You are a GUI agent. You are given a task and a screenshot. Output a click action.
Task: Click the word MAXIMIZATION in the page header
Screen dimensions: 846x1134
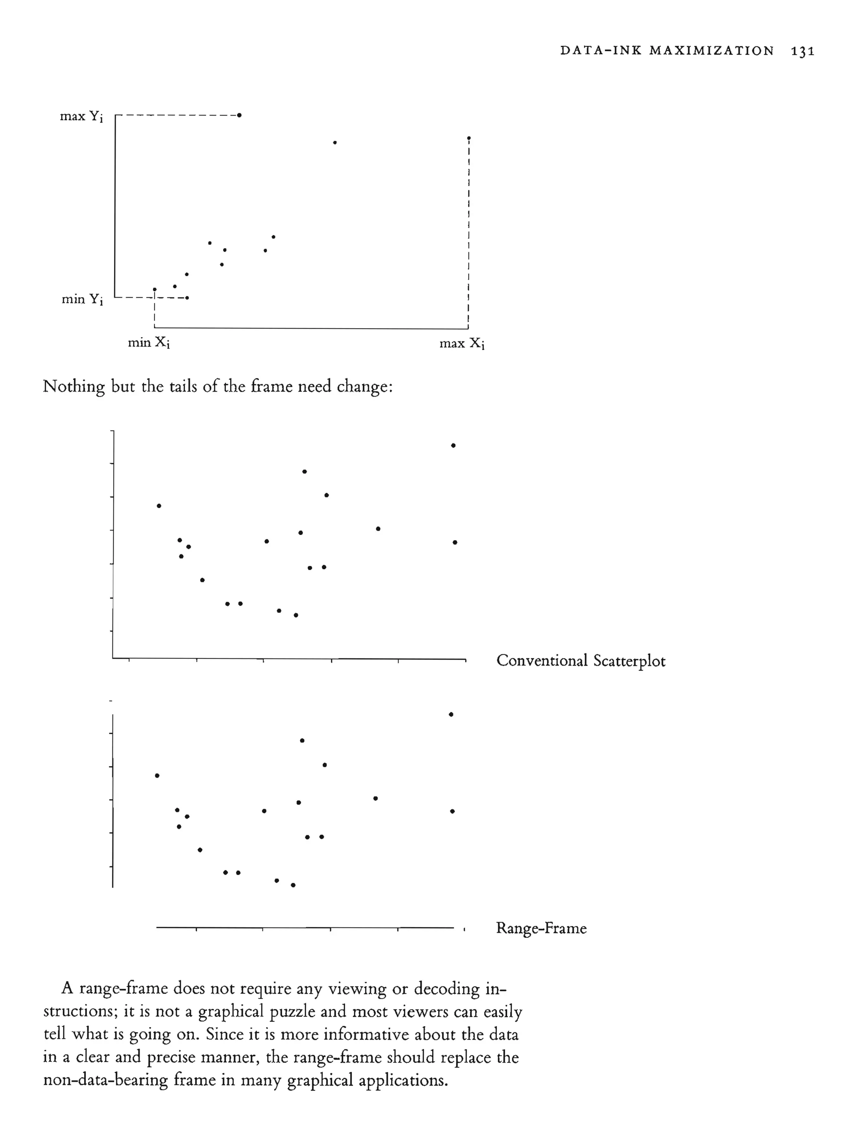(711, 51)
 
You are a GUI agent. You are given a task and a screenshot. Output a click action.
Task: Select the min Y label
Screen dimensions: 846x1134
(82, 299)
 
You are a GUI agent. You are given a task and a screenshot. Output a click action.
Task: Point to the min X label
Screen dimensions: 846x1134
(149, 342)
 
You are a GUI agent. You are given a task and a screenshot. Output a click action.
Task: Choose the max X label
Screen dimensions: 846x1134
(461, 343)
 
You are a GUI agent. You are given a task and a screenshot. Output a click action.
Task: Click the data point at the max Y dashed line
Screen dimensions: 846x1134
(239, 115)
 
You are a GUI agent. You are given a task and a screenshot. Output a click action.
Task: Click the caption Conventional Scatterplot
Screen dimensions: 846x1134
(581, 661)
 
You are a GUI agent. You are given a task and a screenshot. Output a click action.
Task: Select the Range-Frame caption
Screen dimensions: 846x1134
(541, 928)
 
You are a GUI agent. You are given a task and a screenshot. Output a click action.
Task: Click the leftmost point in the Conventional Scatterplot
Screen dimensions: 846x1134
(159, 506)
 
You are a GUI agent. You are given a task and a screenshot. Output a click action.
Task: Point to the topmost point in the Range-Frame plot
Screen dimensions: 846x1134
(451, 715)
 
